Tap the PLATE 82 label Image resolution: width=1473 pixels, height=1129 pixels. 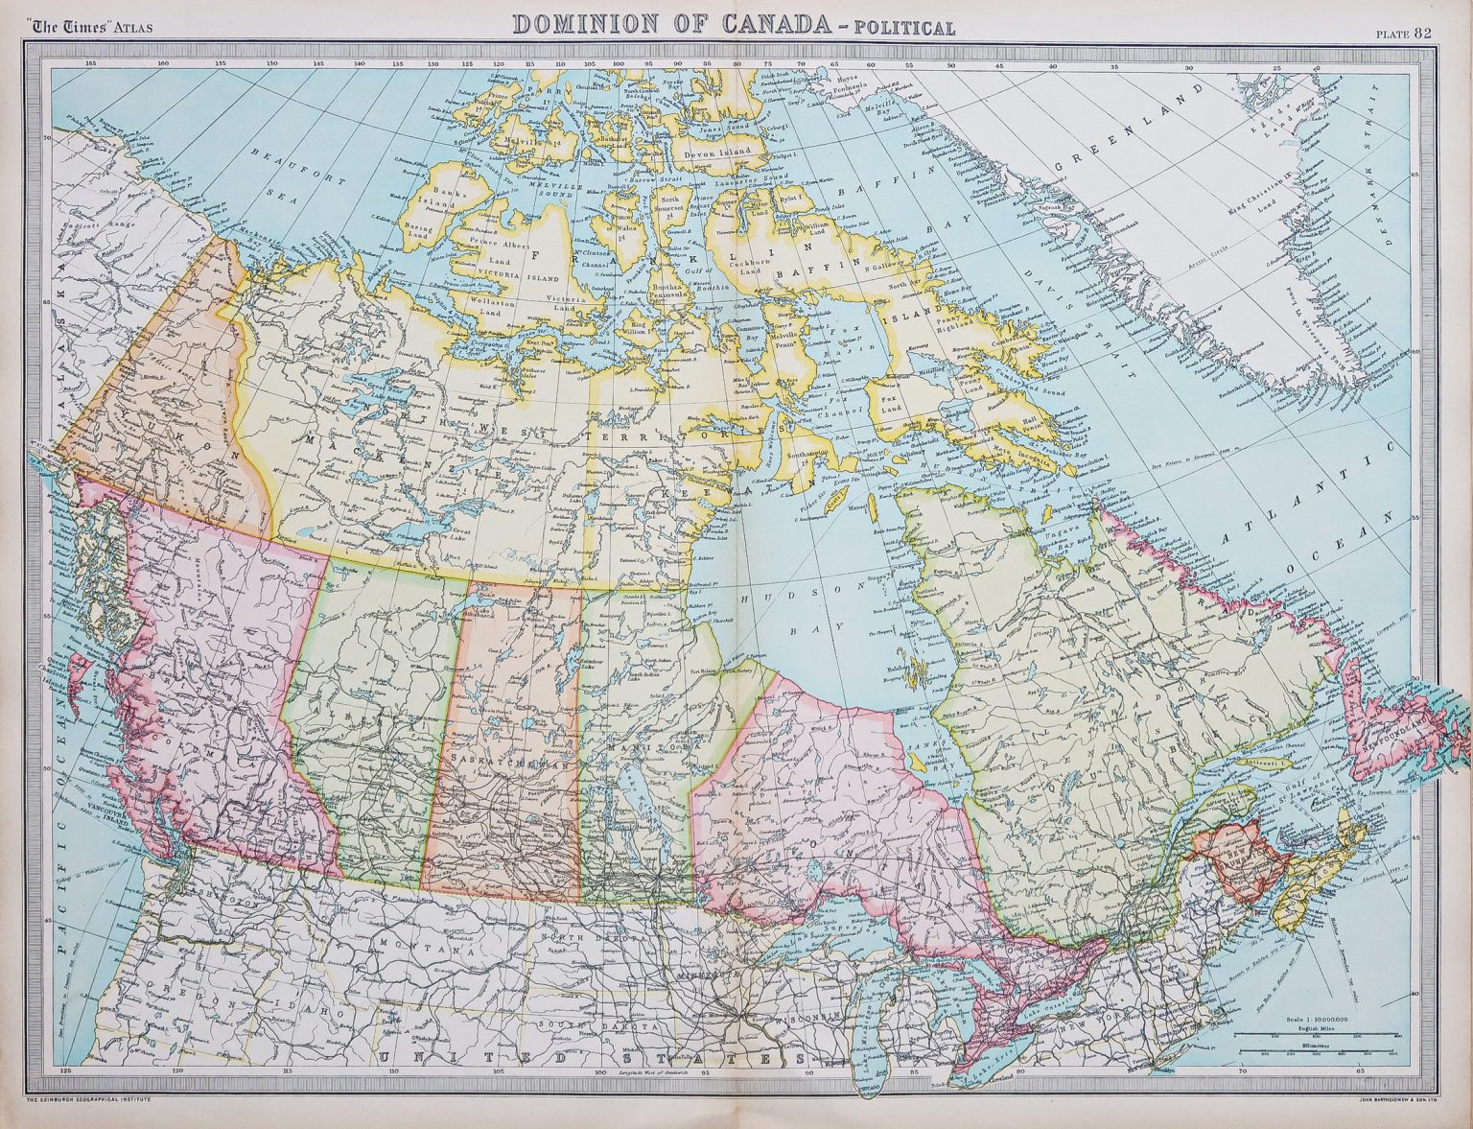1404,33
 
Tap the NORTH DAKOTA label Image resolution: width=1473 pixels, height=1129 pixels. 586,936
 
